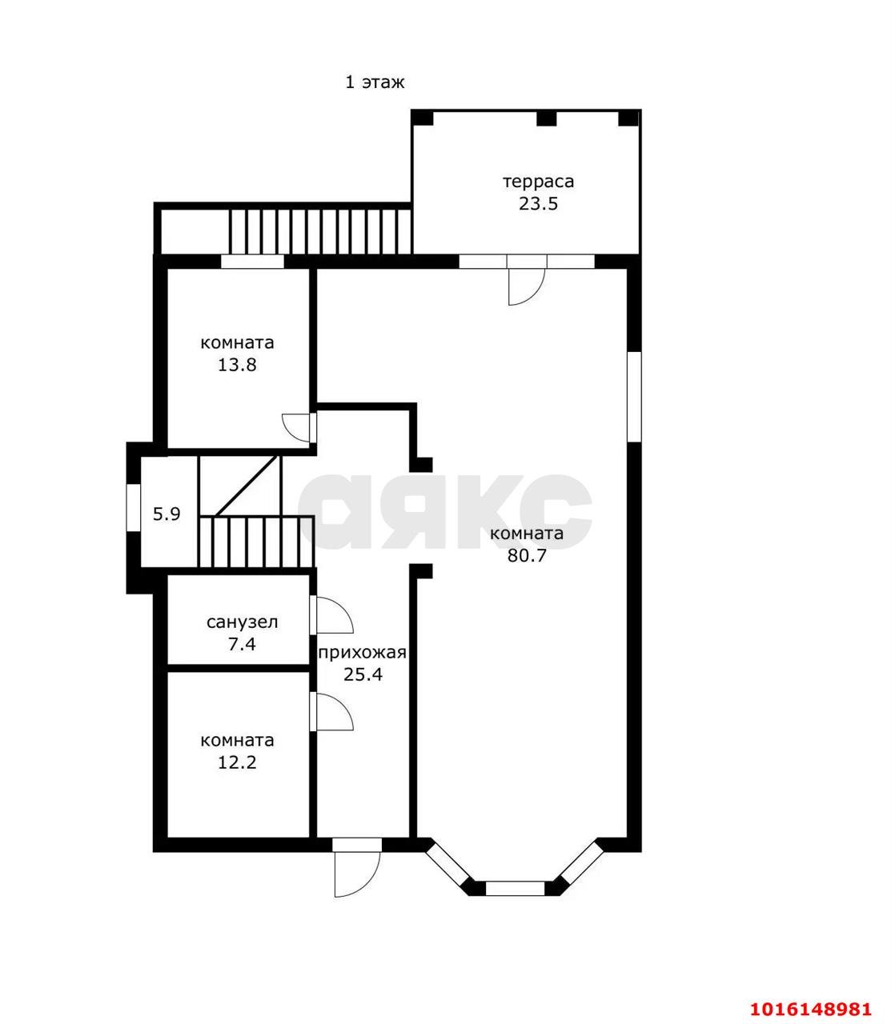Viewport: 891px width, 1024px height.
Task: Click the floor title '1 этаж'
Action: click(375, 82)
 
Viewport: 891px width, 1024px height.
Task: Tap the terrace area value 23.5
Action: click(538, 204)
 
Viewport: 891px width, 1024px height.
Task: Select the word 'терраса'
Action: click(538, 182)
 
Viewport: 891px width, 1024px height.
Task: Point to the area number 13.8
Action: click(237, 365)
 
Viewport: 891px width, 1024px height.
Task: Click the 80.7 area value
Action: click(527, 555)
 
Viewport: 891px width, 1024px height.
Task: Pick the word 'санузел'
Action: click(242, 622)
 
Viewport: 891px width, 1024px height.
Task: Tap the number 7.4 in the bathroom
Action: click(242, 644)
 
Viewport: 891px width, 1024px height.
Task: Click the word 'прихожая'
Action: click(362, 653)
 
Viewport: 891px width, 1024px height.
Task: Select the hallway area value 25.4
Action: click(363, 674)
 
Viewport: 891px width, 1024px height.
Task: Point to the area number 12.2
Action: click(237, 762)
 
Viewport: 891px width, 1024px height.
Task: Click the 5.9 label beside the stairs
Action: click(167, 514)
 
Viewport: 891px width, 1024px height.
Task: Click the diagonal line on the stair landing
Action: click(246, 485)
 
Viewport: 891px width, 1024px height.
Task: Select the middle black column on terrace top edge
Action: click(547, 118)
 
